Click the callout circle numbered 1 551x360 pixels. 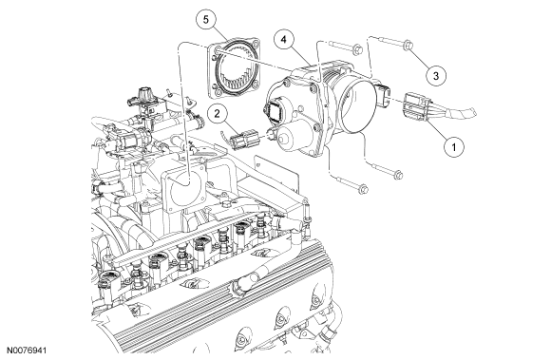tap(453, 146)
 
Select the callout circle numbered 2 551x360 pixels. tap(217, 113)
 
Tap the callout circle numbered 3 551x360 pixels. tap(436, 75)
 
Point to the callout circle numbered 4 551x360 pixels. tap(284, 39)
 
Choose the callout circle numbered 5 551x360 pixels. tap(206, 20)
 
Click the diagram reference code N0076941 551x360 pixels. tap(27, 351)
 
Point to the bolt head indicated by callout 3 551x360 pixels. tap(408, 45)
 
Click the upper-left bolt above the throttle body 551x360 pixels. tap(346, 47)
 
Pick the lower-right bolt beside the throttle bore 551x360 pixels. tap(386, 170)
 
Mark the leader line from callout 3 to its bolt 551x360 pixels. tap(419, 58)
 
